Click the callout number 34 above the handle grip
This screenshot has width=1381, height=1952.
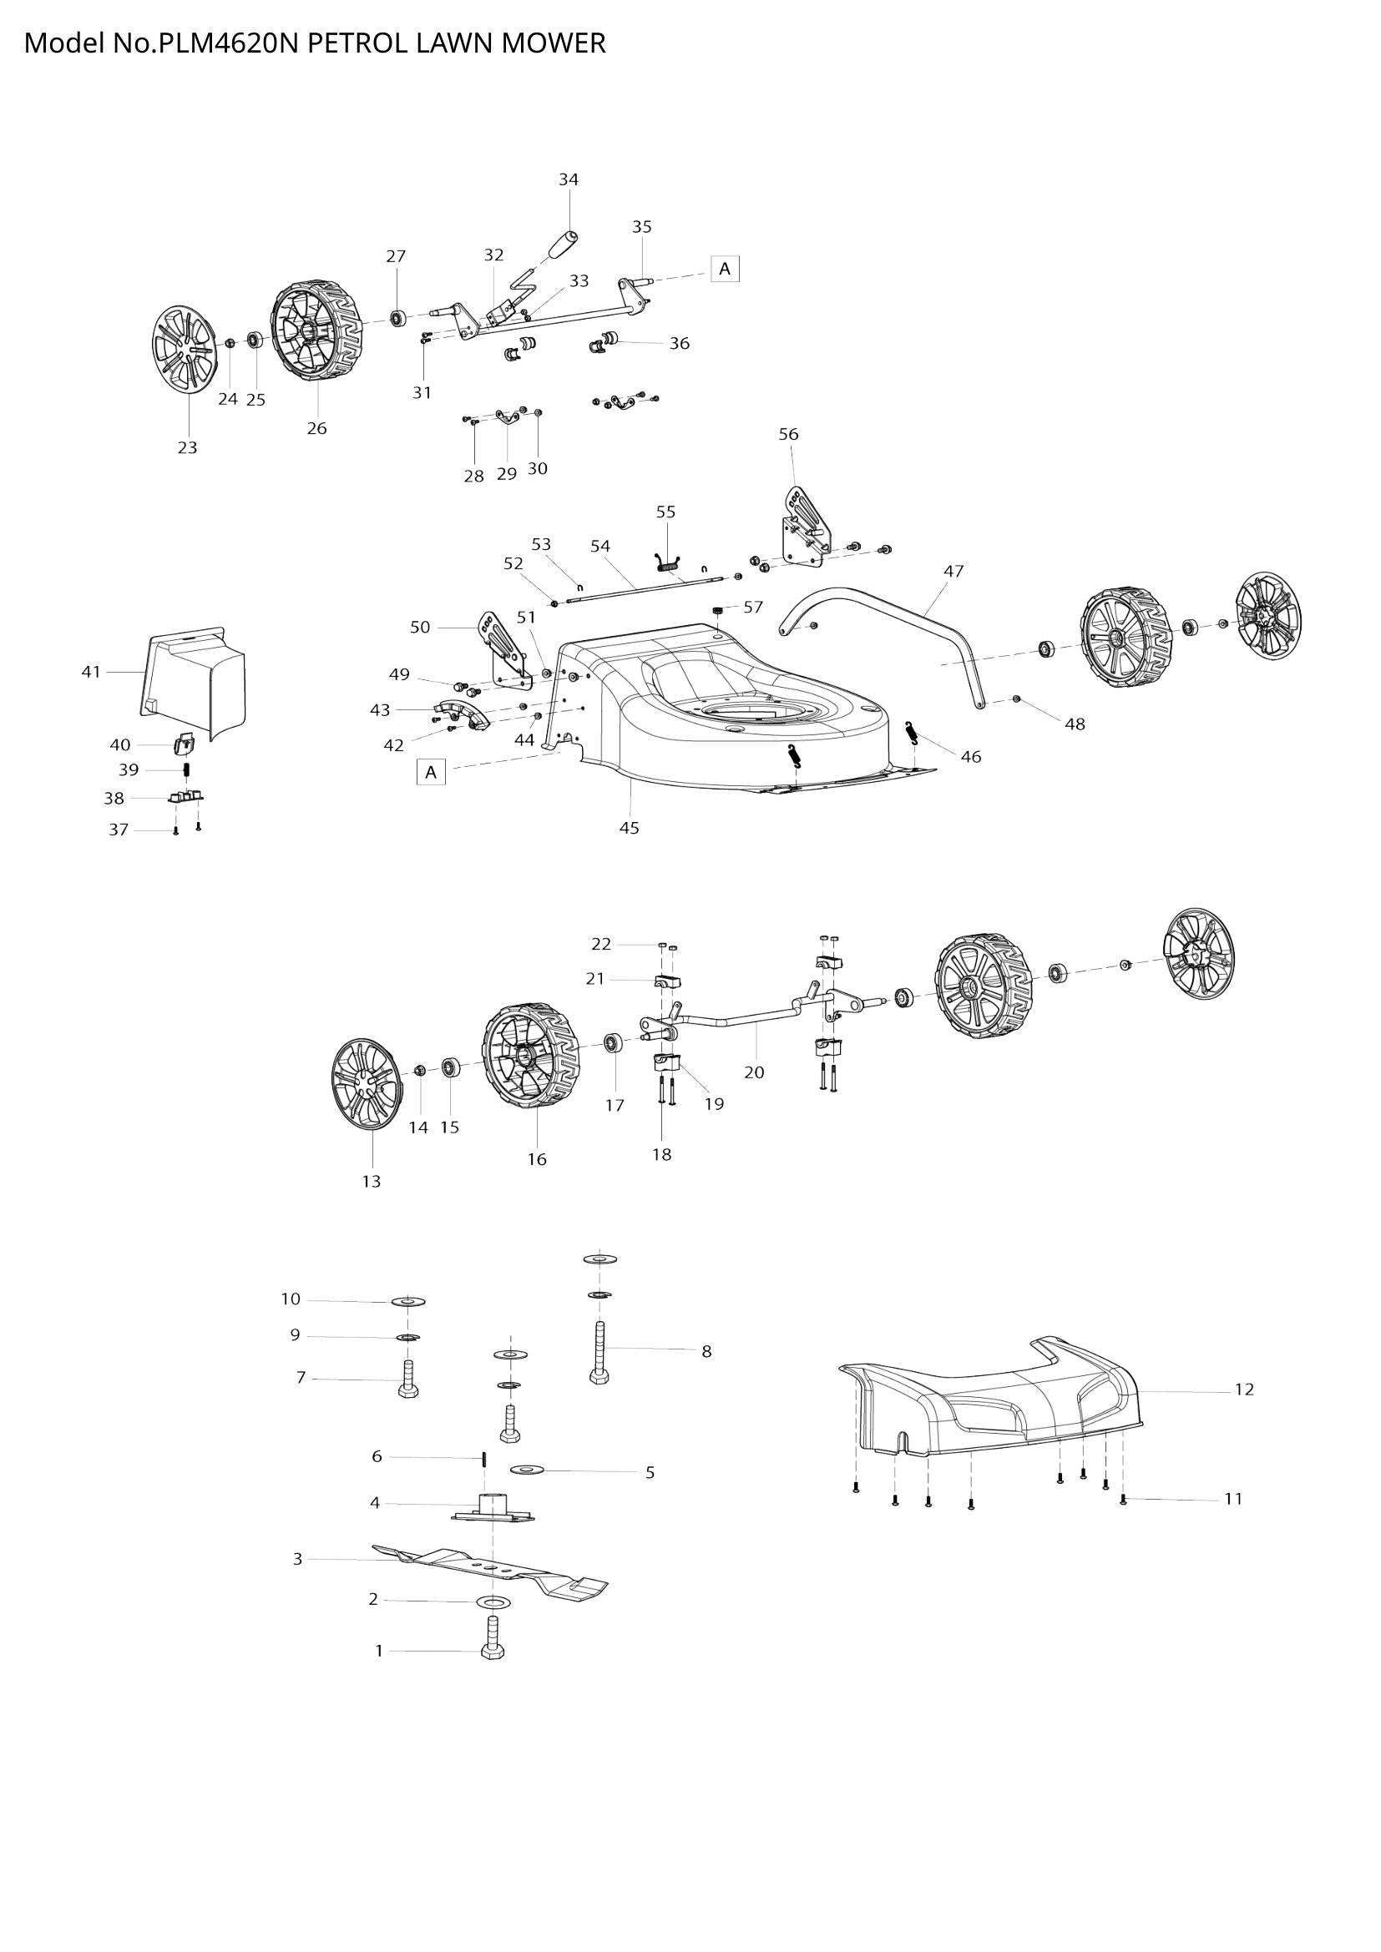click(568, 179)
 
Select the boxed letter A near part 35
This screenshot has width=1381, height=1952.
click(725, 269)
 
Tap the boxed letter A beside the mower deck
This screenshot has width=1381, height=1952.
click(431, 772)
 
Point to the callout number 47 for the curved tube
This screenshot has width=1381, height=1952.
click(954, 572)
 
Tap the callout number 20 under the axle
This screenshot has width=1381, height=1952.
click(754, 1072)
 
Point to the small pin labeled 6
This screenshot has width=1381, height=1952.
click(483, 1458)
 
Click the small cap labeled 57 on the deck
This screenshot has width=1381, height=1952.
click(719, 610)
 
